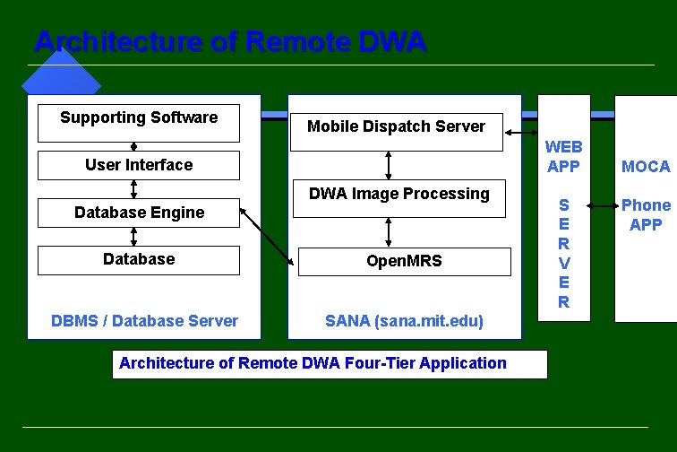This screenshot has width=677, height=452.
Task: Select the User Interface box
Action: [139, 165]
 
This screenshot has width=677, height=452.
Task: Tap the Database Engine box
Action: [139, 213]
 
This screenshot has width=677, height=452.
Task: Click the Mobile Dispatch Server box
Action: [396, 127]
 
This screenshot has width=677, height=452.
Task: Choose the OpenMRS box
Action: [404, 261]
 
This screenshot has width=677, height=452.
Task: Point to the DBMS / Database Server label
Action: [144, 321]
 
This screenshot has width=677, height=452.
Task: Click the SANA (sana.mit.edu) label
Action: [404, 321]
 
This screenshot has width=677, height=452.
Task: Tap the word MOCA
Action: [646, 166]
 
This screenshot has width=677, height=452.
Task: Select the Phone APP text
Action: [646, 214]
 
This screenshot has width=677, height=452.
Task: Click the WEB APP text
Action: [564, 156]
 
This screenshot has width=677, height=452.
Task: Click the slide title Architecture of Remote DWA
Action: [229, 42]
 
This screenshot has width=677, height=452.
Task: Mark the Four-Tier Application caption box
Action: [330, 364]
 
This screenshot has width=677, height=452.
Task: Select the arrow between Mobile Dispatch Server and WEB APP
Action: [519, 133]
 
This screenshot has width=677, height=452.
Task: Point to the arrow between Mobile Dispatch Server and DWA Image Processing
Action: [389, 165]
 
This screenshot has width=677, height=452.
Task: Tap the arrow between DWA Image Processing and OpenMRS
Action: [389, 231]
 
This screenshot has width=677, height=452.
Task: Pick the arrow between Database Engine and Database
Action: [133, 236]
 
